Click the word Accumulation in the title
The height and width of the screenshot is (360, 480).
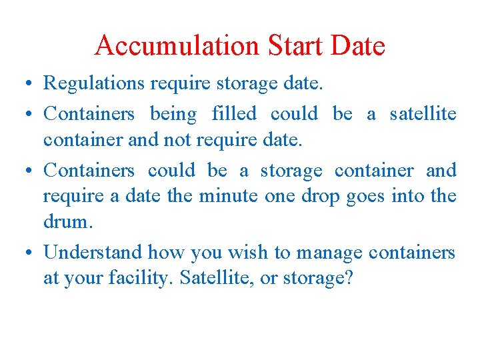point(177,46)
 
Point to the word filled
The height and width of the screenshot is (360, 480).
point(234,114)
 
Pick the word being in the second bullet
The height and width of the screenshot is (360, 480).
point(173,114)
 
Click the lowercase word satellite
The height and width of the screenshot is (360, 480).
point(423,114)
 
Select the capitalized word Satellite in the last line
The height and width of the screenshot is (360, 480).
point(211,277)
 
